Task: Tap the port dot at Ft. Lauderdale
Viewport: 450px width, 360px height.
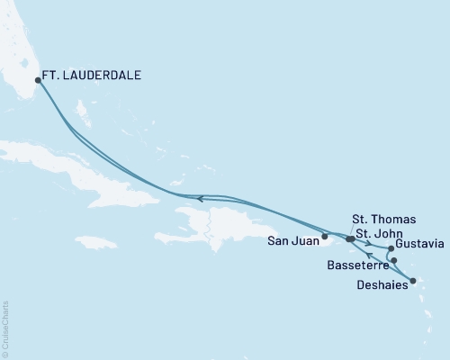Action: [x=37, y=80]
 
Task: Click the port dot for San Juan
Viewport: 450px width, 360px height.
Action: [x=325, y=238]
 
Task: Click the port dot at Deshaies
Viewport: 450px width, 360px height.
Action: [x=412, y=282]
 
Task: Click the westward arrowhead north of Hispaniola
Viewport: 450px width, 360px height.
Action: [x=200, y=198]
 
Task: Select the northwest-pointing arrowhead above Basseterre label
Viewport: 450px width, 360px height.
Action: [x=369, y=256]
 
